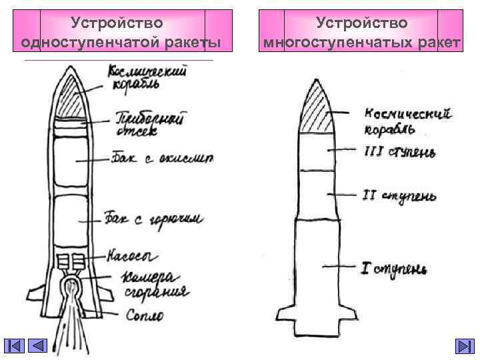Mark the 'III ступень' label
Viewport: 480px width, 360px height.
tap(399, 153)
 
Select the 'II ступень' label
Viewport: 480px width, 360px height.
tap(399, 196)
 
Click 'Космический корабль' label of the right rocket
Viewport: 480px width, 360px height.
tap(407, 121)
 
